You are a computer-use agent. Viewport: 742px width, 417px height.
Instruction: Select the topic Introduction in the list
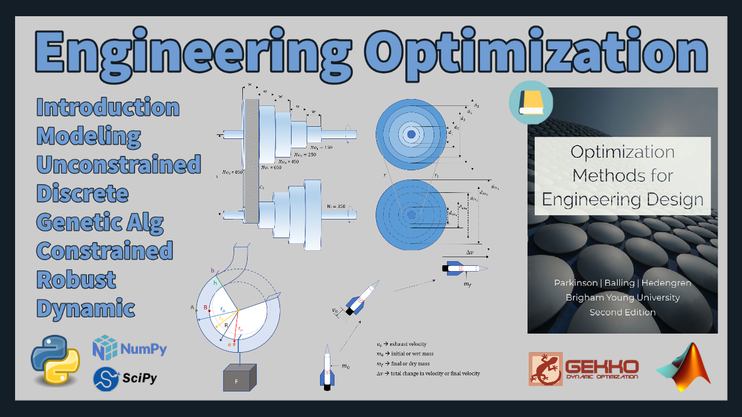108,108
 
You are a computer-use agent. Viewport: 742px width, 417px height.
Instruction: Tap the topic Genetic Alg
100,222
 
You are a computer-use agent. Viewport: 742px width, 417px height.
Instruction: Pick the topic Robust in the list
76,280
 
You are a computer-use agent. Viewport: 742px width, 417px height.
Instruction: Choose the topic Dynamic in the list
86,308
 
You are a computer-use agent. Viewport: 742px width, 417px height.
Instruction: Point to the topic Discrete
82,193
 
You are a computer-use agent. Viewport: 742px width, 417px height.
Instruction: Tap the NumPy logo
130,348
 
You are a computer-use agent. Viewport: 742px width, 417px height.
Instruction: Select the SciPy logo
125,378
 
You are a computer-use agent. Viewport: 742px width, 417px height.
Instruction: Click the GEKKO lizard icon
545,369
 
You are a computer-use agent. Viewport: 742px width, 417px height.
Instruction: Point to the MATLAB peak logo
684,366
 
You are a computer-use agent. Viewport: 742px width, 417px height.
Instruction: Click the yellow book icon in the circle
530,103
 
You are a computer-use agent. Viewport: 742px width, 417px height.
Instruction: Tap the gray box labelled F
239,378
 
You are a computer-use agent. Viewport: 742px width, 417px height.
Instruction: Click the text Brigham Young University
623,298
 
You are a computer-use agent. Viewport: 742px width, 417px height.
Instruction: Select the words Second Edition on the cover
623,312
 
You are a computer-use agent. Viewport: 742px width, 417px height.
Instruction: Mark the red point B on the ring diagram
209,310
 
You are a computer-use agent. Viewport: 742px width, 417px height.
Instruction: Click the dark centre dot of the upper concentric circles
411,134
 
